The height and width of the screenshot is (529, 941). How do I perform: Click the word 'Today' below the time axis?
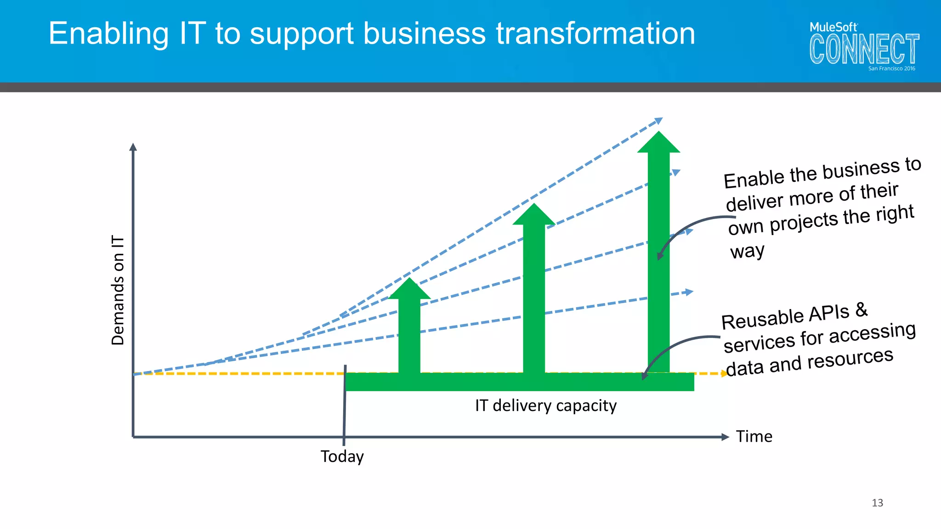342,456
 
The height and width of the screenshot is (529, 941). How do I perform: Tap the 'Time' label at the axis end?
754,436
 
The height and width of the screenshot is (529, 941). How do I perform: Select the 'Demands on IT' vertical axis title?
118,290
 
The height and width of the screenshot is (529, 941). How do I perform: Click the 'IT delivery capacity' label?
546,405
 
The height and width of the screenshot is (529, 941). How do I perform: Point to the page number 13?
877,503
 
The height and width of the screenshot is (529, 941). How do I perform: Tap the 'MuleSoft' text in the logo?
833,27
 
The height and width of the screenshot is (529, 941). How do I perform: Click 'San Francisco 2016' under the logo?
891,68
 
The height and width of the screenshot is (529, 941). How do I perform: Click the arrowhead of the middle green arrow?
534,215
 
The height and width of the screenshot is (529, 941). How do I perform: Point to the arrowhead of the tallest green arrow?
658,142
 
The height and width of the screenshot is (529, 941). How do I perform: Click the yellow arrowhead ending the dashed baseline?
725,373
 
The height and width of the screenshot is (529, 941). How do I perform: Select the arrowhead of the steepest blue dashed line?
659,121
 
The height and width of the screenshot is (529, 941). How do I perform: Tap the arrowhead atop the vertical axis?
133,147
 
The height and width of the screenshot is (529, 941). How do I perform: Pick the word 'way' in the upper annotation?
747,251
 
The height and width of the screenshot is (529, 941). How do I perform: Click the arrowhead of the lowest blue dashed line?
689,292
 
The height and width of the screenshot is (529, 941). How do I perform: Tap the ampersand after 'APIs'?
862,310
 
